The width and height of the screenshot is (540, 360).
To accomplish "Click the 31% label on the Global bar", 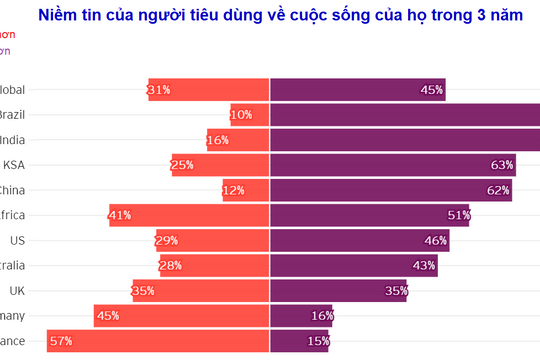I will pyautogui.click(x=158, y=90).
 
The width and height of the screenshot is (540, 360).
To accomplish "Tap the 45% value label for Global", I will pyautogui.click(x=432, y=90).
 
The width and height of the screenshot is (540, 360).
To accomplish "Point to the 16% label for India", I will pyautogui.click(x=218, y=140).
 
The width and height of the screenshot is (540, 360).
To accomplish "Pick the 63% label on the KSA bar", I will pyautogui.click(x=502, y=165).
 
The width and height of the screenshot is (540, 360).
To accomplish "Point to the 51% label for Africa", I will pyautogui.click(x=459, y=215).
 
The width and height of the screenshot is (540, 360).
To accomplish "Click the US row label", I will pyautogui.click(x=17, y=240).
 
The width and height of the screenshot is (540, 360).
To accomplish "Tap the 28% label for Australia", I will pyautogui.click(x=170, y=265).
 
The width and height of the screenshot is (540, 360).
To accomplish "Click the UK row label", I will pyautogui.click(x=17, y=290).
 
